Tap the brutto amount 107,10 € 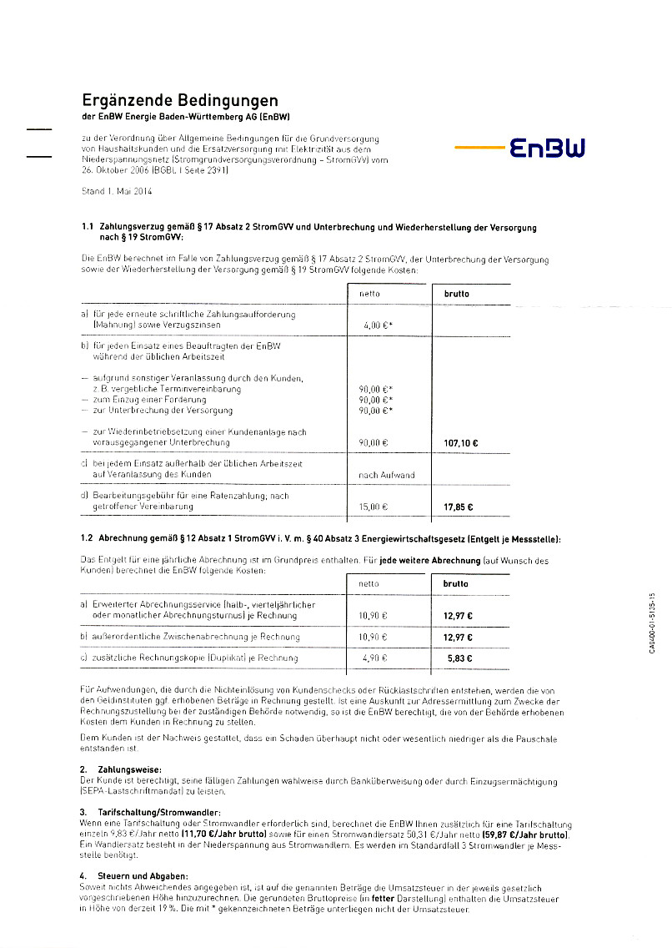454,443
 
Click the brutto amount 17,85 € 458,506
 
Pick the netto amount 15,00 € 374,506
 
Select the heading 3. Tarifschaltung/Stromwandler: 150,811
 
